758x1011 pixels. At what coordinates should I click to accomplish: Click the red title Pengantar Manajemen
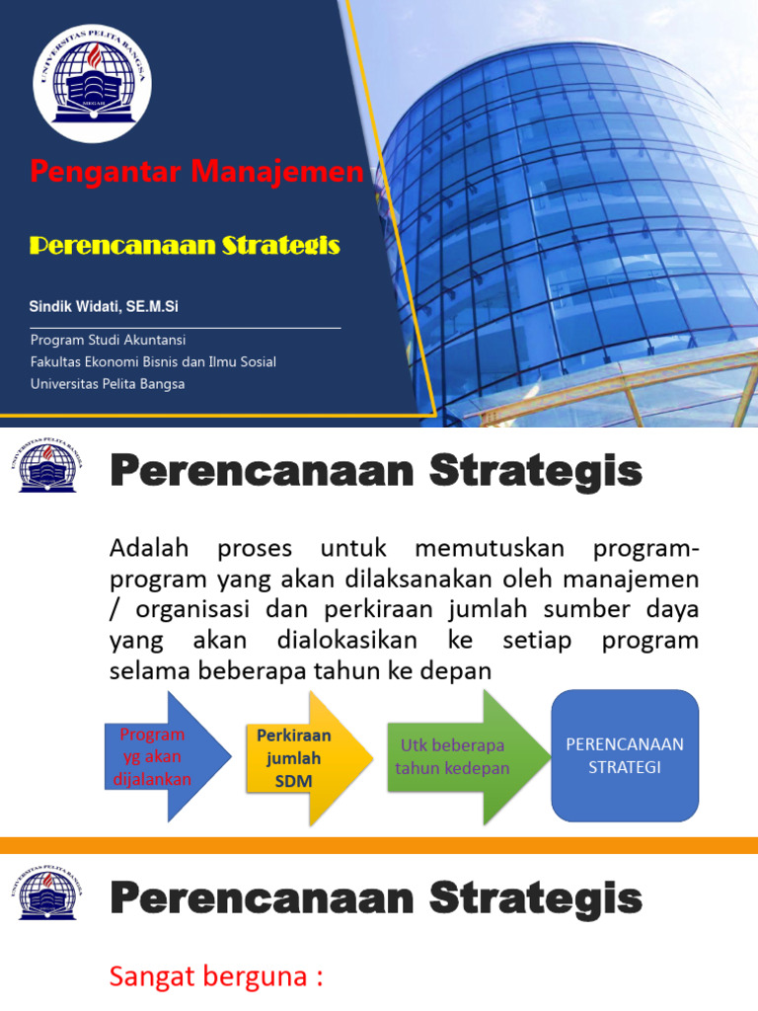click(196, 172)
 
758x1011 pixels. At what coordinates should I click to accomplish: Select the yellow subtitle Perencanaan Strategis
click(185, 245)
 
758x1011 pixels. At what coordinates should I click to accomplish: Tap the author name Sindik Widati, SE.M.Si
click(104, 307)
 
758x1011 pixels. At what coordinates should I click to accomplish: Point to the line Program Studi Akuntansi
click(109, 340)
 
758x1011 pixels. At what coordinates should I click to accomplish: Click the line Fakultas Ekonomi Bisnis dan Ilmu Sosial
click(153, 361)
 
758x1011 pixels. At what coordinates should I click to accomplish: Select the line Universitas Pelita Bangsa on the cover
click(108, 383)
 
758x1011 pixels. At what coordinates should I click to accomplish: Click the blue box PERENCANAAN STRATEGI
click(625, 755)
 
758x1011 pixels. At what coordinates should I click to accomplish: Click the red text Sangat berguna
click(216, 977)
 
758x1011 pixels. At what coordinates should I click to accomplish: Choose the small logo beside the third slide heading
click(54, 893)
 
